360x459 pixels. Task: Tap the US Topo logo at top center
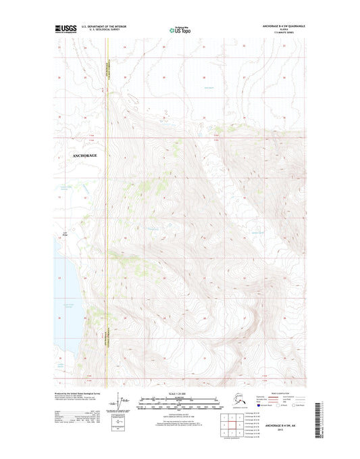click(180, 30)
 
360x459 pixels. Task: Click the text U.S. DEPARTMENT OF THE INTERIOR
click(103, 27)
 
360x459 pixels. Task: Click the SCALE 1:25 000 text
click(180, 397)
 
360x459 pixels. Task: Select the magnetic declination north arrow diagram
click(122, 403)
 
